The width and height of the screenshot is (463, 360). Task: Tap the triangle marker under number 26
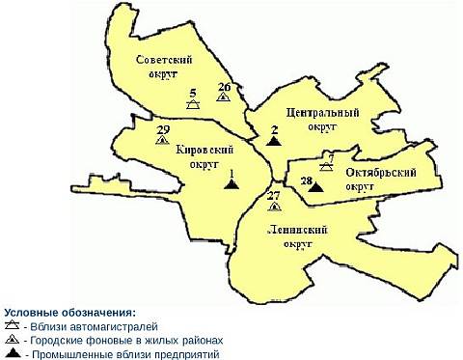click(224, 97)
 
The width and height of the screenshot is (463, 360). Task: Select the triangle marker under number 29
click(162, 141)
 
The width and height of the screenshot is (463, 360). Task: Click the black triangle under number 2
click(274, 141)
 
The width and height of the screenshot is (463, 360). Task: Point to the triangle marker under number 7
click(327, 165)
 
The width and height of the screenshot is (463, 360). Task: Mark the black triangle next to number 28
click(315, 186)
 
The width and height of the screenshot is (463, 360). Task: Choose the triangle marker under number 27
click(274, 206)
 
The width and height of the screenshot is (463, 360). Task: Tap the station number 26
click(224, 87)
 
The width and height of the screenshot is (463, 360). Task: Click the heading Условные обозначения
click(69, 314)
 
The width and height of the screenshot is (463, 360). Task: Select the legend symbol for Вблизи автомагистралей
click(13, 327)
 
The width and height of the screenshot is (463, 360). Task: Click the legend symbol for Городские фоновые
click(13, 341)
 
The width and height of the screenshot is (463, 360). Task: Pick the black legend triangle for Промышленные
click(13, 354)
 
